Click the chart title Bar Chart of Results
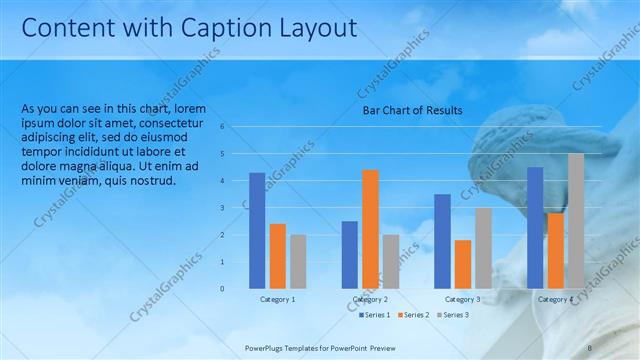coord(412,110)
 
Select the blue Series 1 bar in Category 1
coord(257,230)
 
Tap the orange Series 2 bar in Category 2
coord(370,229)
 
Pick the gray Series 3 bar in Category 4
coord(576,221)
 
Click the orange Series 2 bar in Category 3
coord(462,264)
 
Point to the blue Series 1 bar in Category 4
coord(535,227)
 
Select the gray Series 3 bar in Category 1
coord(298,261)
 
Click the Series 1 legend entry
coord(376,316)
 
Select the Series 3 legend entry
coord(454,316)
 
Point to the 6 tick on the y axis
coord(237,127)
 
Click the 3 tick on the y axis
coord(237,208)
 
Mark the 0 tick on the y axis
coord(237,289)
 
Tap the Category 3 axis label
coord(462,299)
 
